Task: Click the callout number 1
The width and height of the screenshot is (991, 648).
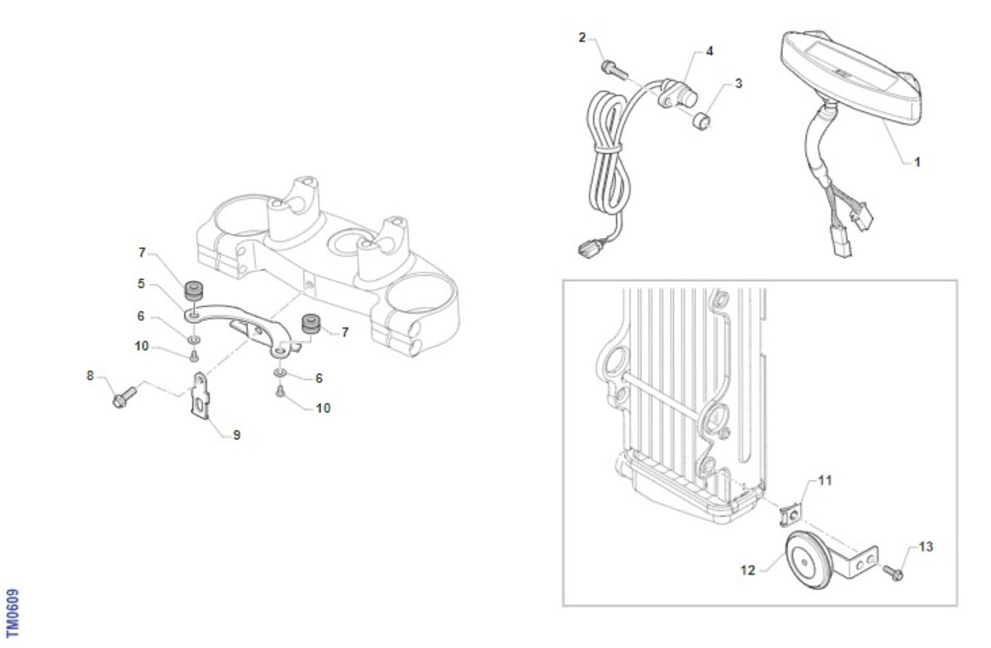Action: click(918, 163)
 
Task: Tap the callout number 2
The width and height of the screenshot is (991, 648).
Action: click(582, 38)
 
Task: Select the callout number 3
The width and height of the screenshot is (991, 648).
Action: click(738, 83)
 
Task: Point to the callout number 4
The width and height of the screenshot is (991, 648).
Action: click(709, 51)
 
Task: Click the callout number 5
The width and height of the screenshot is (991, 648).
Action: click(141, 283)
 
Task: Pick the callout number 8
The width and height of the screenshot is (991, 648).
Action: click(90, 376)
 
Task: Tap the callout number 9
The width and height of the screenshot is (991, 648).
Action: click(237, 435)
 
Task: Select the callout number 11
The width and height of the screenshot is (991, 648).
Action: click(825, 480)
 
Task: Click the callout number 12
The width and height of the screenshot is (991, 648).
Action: click(747, 570)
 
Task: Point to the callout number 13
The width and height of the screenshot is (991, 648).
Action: click(926, 547)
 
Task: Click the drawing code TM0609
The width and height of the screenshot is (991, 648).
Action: click(13, 613)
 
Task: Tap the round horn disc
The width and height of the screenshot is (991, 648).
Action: click(809, 560)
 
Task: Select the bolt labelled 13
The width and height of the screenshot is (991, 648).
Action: click(893, 572)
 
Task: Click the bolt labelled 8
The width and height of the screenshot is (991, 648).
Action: click(125, 397)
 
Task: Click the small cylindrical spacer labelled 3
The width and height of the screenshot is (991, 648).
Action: click(702, 121)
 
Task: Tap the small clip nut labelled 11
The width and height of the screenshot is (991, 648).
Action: click(790, 514)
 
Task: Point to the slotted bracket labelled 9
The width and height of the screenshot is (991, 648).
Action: click(201, 395)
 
